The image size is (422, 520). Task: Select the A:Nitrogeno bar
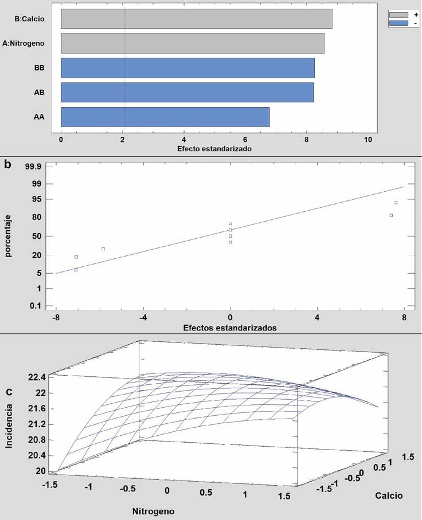pyautogui.click(x=193, y=44)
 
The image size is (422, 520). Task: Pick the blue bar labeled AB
pyautogui.click(x=187, y=93)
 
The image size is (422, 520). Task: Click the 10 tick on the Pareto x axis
pyautogui.click(x=368, y=139)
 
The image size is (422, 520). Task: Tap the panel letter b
pyautogui.click(x=7, y=165)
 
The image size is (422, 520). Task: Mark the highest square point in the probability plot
pyautogui.click(x=396, y=203)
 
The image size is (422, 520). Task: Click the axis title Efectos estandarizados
pyautogui.click(x=230, y=328)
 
